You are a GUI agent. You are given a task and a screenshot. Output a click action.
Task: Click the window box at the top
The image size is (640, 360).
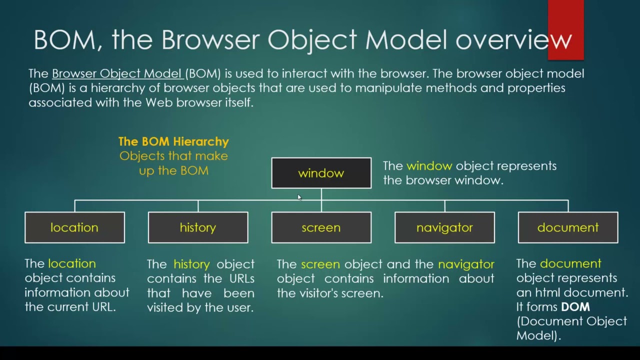coord(321,173)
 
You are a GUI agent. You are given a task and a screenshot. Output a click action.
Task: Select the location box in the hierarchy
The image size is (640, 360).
coord(74,227)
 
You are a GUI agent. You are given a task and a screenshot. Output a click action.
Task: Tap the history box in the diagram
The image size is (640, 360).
coord(198,227)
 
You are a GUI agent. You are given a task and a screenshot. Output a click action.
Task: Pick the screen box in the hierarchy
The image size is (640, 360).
coord(321,227)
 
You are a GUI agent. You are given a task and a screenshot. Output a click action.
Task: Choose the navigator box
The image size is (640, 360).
coord(444,227)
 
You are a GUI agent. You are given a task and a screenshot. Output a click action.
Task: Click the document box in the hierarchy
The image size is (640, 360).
coord(568,227)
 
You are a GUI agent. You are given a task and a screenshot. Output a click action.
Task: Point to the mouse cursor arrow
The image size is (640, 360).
coord(299,197)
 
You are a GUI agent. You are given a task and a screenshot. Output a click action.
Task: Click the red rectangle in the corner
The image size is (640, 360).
coord(565,29)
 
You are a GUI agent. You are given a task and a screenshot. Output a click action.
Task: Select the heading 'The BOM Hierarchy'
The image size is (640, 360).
coord(173,141)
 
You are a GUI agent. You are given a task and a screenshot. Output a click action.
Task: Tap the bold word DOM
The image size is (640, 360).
coord(575,307)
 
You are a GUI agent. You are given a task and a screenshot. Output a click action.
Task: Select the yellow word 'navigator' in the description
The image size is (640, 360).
coord(466,264)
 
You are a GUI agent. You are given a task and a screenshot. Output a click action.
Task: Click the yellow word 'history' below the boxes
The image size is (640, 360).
coord(191,264)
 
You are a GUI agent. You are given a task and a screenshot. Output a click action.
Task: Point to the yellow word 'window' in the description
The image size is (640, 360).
coord(429,166)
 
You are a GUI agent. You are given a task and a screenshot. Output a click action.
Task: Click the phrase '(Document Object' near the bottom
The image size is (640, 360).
coord(571,321)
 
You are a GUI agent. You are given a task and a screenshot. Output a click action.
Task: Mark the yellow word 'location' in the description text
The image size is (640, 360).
coord(71,263)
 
